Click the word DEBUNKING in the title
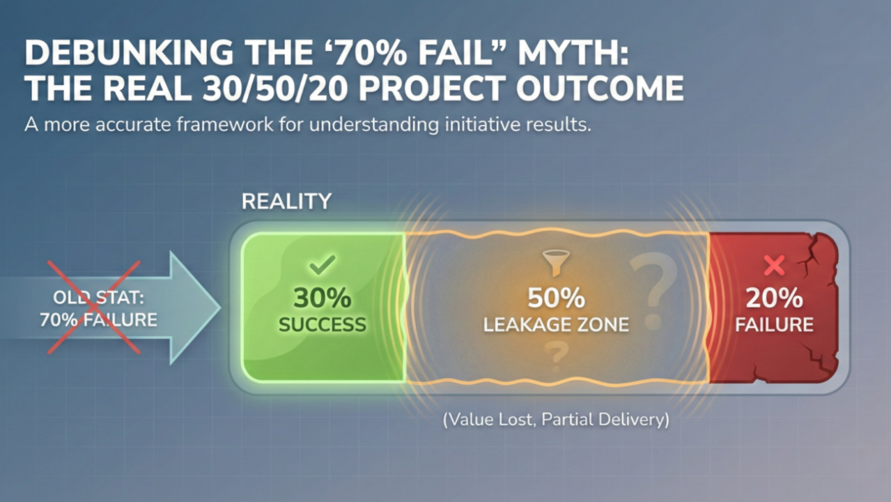(x=130, y=52)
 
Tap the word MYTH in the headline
(x=573, y=52)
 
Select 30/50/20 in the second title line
(x=274, y=89)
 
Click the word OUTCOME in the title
(x=600, y=88)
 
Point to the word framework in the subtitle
(x=225, y=124)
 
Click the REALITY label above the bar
(x=286, y=201)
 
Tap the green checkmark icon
(x=322, y=265)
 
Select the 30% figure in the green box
(x=322, y=298)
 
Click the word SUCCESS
(x=322, y=324)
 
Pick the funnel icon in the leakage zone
(x=556, y=263)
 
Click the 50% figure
(x=556, y=298)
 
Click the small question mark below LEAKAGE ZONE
(x=556, y=356)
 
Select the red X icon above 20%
(x=774, y=266)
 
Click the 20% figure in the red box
(x=774, y=298)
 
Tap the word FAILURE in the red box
(x=774, y=324)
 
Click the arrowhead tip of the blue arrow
(x=221, y=307)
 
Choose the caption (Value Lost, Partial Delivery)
(x=556, y=420)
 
